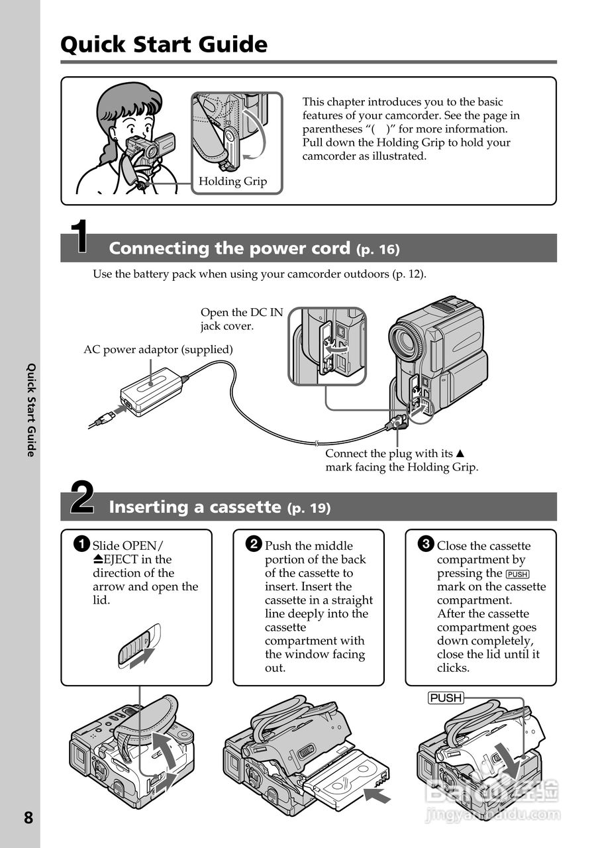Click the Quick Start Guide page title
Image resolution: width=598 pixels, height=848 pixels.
(x=164, y=44)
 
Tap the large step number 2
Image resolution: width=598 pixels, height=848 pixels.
(x=81, y=498)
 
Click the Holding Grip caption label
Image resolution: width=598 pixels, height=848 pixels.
(x=232, y=182)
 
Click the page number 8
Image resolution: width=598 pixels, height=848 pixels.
(x=28, y=818)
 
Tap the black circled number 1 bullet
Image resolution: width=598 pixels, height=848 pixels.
(x=81, y=545)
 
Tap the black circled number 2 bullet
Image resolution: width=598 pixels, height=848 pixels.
(x=254, y=545)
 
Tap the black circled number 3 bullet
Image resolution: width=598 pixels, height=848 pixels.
(x=426, y=545)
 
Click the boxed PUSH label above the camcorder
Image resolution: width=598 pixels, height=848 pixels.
(x=445, y=698)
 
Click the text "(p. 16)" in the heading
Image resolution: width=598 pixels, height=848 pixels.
(x=377, y=250)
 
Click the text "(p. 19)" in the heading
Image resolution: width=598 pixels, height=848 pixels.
(x=309, y=508)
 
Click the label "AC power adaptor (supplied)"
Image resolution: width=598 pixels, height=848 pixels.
(x=158, y=349)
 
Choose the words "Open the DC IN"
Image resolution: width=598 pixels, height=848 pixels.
(x=241, y=312)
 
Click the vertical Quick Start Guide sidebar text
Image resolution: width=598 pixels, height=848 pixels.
(x=30, y=409)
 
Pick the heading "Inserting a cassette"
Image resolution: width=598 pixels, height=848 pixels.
(x=195, y=507)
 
